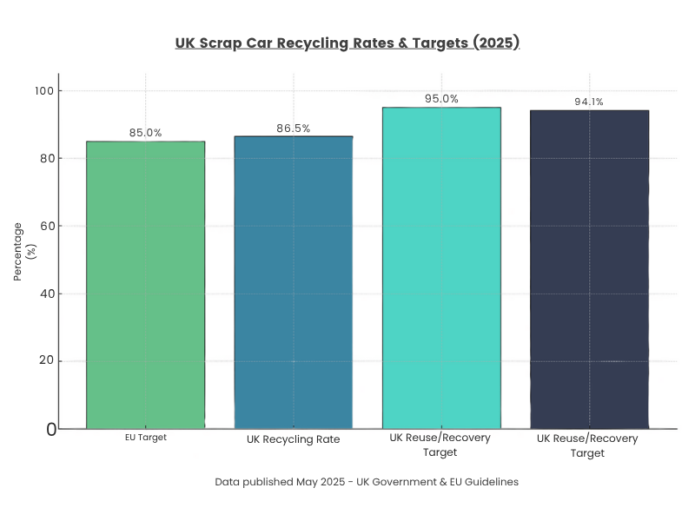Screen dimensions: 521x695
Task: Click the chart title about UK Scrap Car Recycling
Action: pyautogui.click(x=347, y=43)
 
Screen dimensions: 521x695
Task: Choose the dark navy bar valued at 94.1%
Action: pyautogui.click(x=589, y=269)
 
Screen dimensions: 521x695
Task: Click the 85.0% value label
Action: pyautogui.click(x=145, y=133)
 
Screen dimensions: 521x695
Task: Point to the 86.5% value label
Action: pyautogui.click(x=294, y=129)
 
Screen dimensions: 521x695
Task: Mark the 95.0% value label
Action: pyautogui.click(x=441, y=99)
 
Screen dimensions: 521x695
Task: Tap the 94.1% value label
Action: pyautogui.click(x=589, y=102)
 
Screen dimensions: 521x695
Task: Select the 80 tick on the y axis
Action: pyautogui.click(x=47, y=158)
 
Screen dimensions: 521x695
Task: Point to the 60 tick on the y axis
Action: pyautogui.click(x=47, y=226)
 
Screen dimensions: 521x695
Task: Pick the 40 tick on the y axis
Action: pyautogui.click(x=47, y=293)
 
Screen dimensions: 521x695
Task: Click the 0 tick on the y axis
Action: pyautogui.click(x=50, y=429)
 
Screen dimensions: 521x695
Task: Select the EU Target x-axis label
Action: pyautogui.click(x=145, y=438)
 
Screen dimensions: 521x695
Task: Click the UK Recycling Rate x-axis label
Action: pyautogui.click(x=294, y=439)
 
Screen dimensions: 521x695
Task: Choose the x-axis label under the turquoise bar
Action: pyautogui.click(x=440, y=445)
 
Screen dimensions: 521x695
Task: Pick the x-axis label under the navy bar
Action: pyautogui.click(x=588, y=445)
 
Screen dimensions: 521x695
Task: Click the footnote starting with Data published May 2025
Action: pyautogui.click(x=367, y=482)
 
